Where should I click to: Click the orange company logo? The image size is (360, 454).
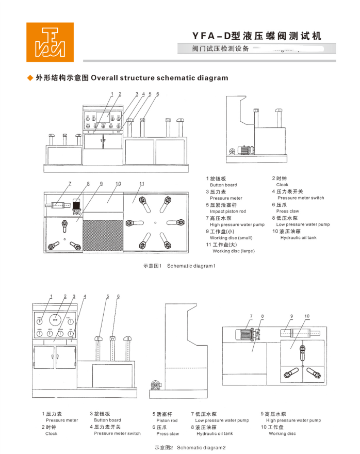(50, 42)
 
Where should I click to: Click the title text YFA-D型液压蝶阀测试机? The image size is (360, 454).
(256, 36)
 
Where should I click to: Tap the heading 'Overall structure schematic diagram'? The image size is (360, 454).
(159, 78)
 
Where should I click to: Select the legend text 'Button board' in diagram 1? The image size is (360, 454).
(223, 185)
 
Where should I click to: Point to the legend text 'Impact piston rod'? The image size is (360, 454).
(227, 212)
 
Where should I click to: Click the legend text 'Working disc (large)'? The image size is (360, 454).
(233, 251)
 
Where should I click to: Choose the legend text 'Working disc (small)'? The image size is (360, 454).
(231, 238)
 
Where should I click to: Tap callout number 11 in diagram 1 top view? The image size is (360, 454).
(141, 184)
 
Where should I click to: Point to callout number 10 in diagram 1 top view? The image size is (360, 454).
(118, 184)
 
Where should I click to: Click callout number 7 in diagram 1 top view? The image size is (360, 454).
(70, 184)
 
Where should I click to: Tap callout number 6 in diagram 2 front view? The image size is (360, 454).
(118, 296)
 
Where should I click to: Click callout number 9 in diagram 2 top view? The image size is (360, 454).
(291, 316)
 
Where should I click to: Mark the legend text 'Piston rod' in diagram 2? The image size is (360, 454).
(167, 420)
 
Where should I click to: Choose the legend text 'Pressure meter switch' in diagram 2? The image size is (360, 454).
(117, 433)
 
